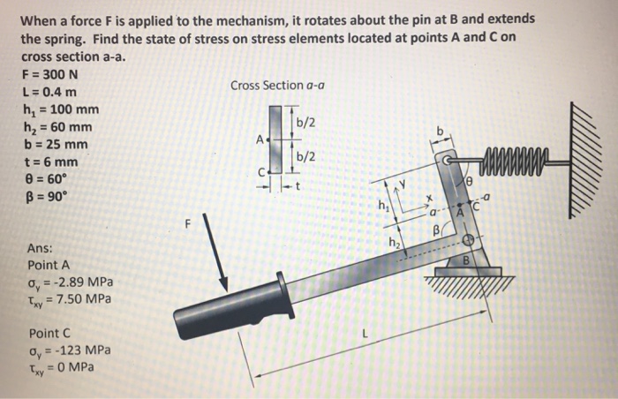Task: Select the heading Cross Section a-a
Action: pos(275,86)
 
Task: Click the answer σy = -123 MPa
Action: pos(71,350)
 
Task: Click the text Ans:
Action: pos(40,248)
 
